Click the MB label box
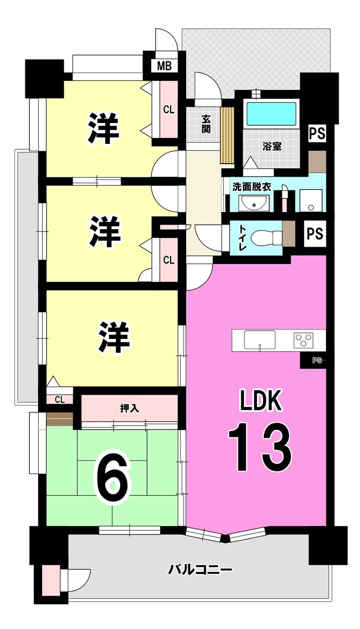pos(164,66)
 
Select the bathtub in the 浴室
pos(271,115)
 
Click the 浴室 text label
pos(271,146)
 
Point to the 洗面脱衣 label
pos(252,187)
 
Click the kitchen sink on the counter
pos(260,339)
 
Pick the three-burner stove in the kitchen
pos(304,340)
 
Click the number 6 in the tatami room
pos(112,480)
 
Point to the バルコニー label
pos(200,569)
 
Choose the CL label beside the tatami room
pos(60,400)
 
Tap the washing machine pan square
pos(311,201)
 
